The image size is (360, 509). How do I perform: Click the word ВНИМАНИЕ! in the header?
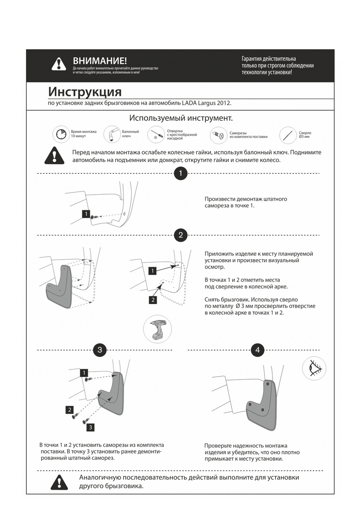pos(100,61)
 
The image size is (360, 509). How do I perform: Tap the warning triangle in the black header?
pos(59,64)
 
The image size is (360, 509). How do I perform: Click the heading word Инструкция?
pos(84,92)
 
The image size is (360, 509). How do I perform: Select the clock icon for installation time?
pos(60,134)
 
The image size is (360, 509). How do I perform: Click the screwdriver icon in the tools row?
pos(156,135)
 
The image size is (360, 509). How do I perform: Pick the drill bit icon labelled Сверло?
pos(288,135)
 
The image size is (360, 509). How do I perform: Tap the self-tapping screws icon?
pos(219,135)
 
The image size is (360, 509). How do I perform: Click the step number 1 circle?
pos(181,173)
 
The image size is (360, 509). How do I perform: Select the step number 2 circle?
pos(181,235)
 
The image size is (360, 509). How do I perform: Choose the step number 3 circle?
pos(100,350)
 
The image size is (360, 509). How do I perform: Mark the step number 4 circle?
pos(257,350)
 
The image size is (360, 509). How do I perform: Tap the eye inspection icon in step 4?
pos(314,368)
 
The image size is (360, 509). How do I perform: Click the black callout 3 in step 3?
pos(91,427)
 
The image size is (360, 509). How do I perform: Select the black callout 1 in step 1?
pos(86,214)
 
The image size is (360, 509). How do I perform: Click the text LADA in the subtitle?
pos(190,103)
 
